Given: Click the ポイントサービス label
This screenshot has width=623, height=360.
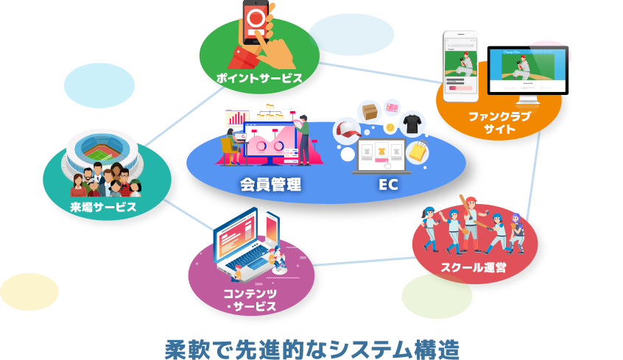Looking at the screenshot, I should [x=259, y=77].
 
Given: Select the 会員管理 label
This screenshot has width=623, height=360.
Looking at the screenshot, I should [x=270, y=184].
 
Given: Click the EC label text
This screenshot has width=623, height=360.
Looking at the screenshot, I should [x=388, y=184].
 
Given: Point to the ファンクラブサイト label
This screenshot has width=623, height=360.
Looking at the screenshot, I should [x=499, y=122].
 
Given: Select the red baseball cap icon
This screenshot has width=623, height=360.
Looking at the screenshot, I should [x=346, y=132].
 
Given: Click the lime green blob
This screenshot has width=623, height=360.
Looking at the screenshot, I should [x=437, y=296].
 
